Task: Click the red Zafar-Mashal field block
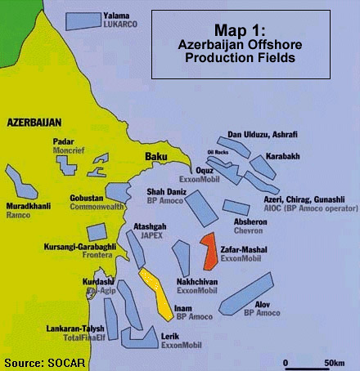[209, 253]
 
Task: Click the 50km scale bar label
[333, 362]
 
